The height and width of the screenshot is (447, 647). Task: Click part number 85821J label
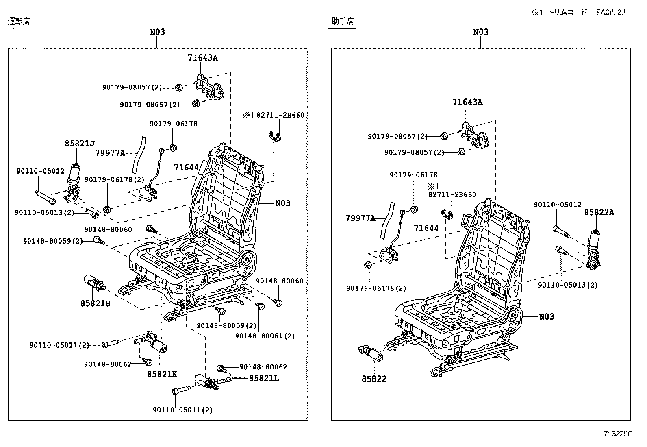click(x=79, y=143)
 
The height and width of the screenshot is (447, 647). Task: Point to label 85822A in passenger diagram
click(x=599, y=212)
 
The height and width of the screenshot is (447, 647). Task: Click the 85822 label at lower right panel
click(x=374, y=379)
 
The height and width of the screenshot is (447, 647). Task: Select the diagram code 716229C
click(x=618, y=434)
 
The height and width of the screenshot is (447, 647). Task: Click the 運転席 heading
click(x=19, y=22)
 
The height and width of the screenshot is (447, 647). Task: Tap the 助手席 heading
click(x=343, y=22)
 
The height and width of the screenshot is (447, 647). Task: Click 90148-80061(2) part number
click(x=265, y=336)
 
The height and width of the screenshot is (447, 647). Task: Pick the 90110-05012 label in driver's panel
click(x=40, y=171)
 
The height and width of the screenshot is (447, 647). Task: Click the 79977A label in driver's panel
click(x=110, y=153)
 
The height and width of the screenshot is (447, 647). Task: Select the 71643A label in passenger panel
click(x=467, y=102)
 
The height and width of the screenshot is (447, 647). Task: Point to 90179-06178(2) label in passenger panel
click(x=376, y=288)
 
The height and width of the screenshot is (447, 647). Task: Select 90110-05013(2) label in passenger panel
click(x=568, y=285)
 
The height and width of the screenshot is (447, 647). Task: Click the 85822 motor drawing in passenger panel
click(x=370, y=352)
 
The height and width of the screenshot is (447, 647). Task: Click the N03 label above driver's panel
click(x=157, y=32)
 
